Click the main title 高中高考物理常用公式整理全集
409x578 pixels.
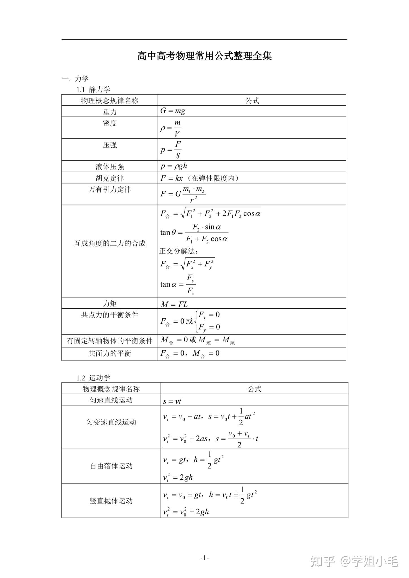[204, 56]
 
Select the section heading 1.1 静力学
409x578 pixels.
[93, 89]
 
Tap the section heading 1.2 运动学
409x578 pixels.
[93, 378]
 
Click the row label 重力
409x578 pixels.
[110, 112]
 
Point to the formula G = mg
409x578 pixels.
[173, 111]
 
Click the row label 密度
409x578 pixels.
[110, 123]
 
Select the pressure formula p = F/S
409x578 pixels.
[171, 150]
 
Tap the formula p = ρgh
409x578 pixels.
[174, 166]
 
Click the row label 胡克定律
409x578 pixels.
[110, 178]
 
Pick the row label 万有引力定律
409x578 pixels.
[110, 189]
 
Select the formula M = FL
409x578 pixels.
[174, 304]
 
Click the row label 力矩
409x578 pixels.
[110, 303]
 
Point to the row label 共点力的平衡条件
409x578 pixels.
[110, 315]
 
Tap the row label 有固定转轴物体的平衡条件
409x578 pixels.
[110, 341]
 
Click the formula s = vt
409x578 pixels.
[172, 401]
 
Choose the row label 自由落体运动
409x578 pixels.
[111, 466]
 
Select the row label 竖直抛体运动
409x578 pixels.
[111, 501]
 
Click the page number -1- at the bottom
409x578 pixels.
[204, 557]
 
